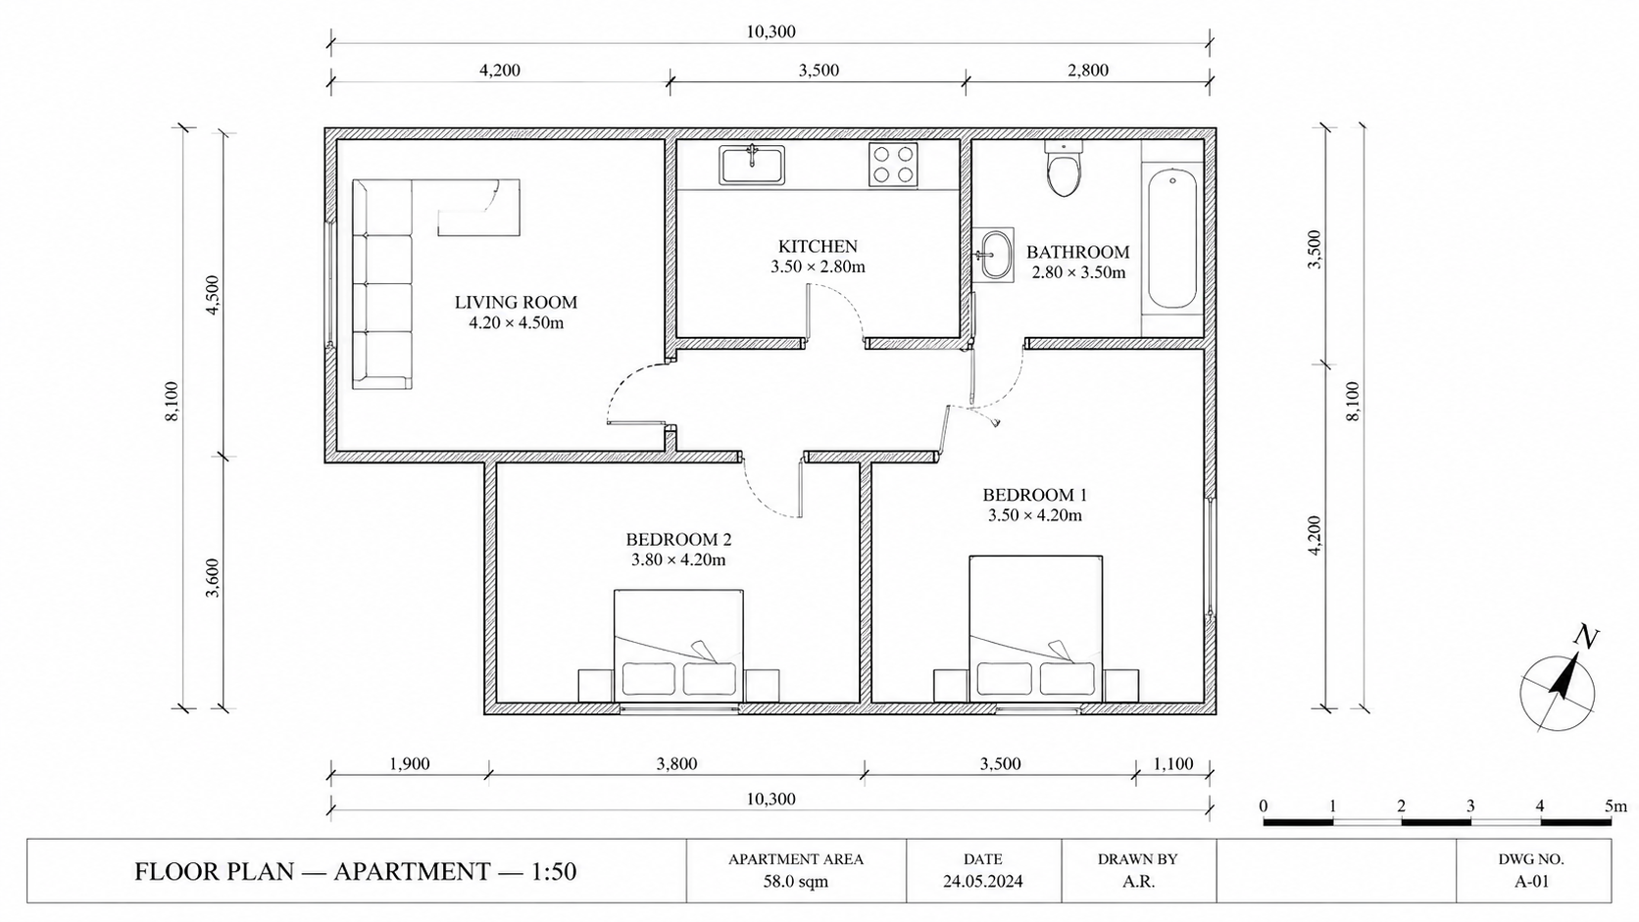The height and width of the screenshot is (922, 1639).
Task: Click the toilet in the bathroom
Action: (1064, 169)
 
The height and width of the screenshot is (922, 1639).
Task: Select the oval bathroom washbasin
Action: (995, 255)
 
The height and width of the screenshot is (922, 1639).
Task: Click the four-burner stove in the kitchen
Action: (893, 166)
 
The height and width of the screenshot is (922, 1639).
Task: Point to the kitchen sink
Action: (752, 165)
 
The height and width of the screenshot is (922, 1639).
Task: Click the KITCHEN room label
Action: (818, 246)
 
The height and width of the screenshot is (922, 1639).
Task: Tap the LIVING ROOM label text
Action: (516, 302)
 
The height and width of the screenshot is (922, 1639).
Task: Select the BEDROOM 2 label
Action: (678, 540)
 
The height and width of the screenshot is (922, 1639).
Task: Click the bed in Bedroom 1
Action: (1035, 629)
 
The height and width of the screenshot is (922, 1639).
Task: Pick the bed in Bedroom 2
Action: (678, 646)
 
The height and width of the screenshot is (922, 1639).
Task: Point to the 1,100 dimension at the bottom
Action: (1173, 764)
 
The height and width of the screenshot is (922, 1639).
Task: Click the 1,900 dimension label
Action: (409, 764)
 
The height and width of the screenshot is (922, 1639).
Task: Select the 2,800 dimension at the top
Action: (1088, 71)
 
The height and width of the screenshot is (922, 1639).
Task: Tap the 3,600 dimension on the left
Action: (212, 578)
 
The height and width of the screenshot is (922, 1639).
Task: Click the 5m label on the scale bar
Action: (1615, 806)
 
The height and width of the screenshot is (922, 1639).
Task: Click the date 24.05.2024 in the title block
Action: (982, 881)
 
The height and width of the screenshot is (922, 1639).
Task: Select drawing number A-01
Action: (1531, 881)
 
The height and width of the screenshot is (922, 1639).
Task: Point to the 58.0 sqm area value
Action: (795, 881)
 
